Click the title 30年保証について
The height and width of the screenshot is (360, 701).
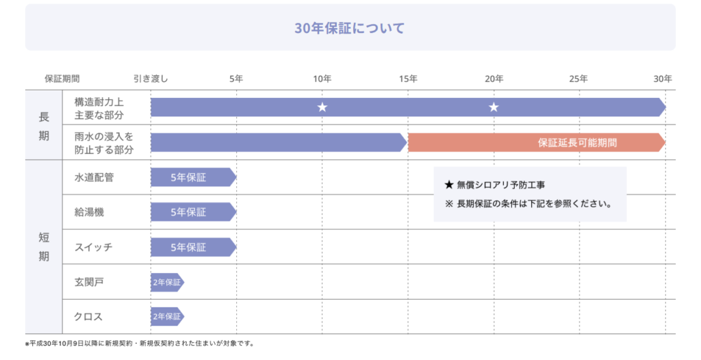(350, 28)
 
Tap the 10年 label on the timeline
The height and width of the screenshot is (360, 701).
(322, 78)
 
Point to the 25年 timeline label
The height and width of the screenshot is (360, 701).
(578, 78)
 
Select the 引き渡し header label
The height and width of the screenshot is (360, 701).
(151, 78)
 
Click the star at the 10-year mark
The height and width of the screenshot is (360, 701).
(322, 107)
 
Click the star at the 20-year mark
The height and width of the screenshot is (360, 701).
(494, 107)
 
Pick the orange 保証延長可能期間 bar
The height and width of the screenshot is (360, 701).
(536, 143)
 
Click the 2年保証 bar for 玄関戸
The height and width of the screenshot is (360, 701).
(167, 282)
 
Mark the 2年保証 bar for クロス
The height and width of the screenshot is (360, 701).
(167, 317)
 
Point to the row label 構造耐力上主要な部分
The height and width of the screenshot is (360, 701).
(103, 107)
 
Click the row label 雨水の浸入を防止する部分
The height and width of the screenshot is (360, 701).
(103, 142)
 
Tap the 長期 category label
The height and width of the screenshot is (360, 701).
(44, 125)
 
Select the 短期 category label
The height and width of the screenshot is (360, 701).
(44, 247)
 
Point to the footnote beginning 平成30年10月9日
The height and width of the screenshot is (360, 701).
(140, 344)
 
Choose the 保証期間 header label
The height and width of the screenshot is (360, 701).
(62, 78)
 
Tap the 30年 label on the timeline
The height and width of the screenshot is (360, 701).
(663, 78)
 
